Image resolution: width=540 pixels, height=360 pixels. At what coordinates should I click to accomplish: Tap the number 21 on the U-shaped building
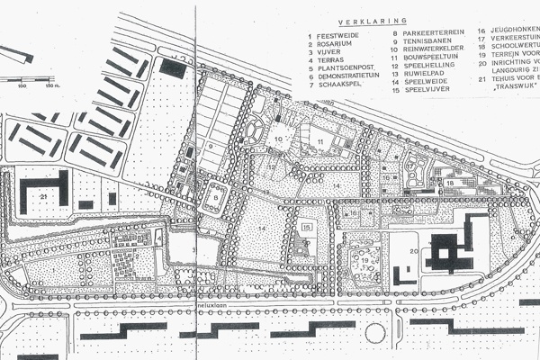(43, 195)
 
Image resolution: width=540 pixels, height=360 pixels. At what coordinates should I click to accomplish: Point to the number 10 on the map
(278, 138)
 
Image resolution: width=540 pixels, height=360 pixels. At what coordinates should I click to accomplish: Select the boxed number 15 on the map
(307, 227)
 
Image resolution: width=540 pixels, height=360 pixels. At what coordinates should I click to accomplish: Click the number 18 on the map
(448, 183)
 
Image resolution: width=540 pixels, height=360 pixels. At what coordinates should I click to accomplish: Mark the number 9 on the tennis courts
(209, 144)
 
